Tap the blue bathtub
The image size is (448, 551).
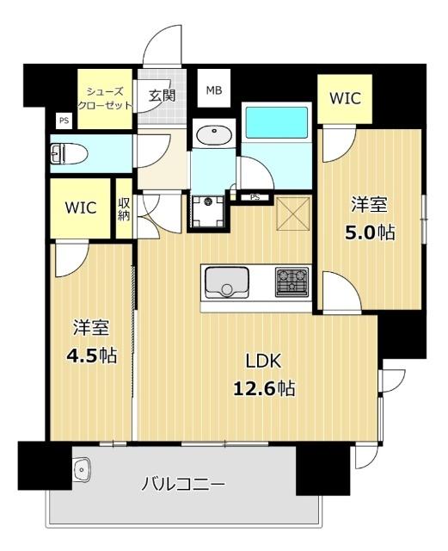[x=276, y=122]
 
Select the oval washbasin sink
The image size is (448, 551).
[x=214, y=135]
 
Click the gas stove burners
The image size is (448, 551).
[x=292, y=282]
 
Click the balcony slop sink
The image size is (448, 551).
[x=83, y=470]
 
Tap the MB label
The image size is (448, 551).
[x=214, y=90]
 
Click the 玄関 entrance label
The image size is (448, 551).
[x=162, y=96]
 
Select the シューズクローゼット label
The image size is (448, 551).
[x=105, y=99]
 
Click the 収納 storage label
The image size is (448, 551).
[x=124, y=208]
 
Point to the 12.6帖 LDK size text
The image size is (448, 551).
[x=264, y=388]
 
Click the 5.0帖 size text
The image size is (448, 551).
[x=370, y=232]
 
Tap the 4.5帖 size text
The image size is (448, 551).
[x=92, y=355]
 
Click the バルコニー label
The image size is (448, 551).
[x=183, y=485]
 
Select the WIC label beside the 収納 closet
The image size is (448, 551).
[x=81, y=207]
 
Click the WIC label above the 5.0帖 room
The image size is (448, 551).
[x=345, y=98]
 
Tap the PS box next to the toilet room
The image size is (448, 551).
[x=64, y=121]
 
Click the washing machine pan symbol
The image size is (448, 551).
[x=208, y=212]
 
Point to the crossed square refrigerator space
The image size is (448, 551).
[x=293, y=214]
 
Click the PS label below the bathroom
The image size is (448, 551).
[x=255, y=197]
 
